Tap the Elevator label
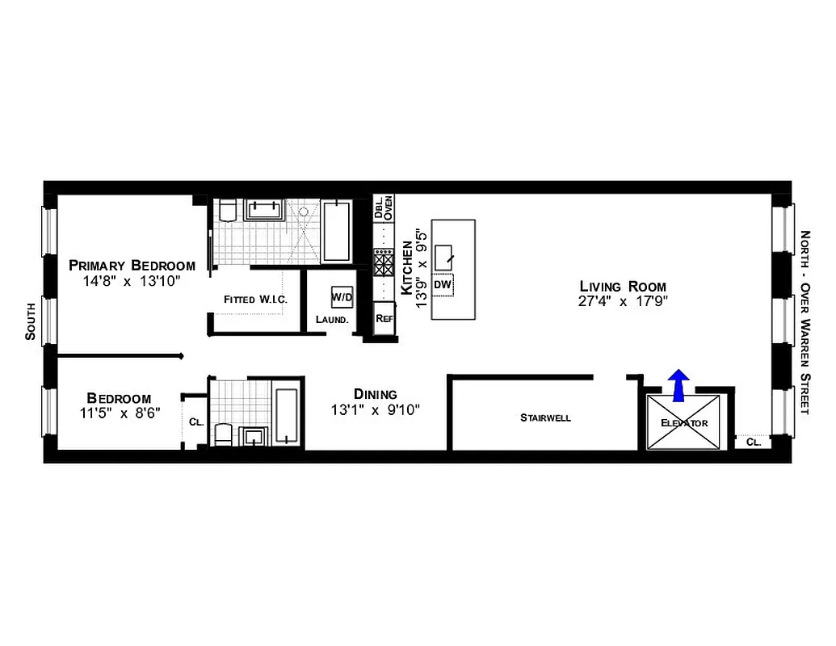tap(684, 423)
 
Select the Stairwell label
tap(545, 417)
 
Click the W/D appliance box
tap(342, 297)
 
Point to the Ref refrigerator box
tap(384, 318)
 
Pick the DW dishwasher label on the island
tap(442, 284)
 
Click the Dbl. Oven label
tap(383, 208)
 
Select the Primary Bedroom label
tap(132, 265)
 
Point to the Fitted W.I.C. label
tap(256, 300)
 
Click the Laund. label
tap(332, 319)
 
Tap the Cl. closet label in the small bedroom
tap(195, 422)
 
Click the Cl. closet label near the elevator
tap(753, 442)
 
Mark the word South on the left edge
tap(31, 321)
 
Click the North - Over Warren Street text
tap(805, 322)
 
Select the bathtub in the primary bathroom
tap(336, 231)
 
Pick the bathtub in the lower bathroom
tap(288, 416)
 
